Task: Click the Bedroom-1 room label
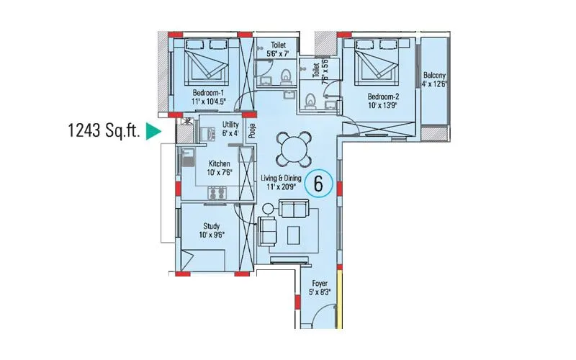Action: (x=208, y=93)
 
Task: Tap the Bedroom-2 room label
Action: (x=382, y=96)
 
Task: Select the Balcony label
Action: (x=434, y=76)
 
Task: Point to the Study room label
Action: (x=212, y=226)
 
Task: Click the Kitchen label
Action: (x=219, y=163)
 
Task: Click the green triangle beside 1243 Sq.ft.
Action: (x=152, y=131)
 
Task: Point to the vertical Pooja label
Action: (x=252, y=130)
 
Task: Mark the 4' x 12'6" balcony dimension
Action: (x=435, y=84)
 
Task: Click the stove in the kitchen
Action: (x=217, y=192)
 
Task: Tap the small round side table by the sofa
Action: (x=269, y=209)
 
